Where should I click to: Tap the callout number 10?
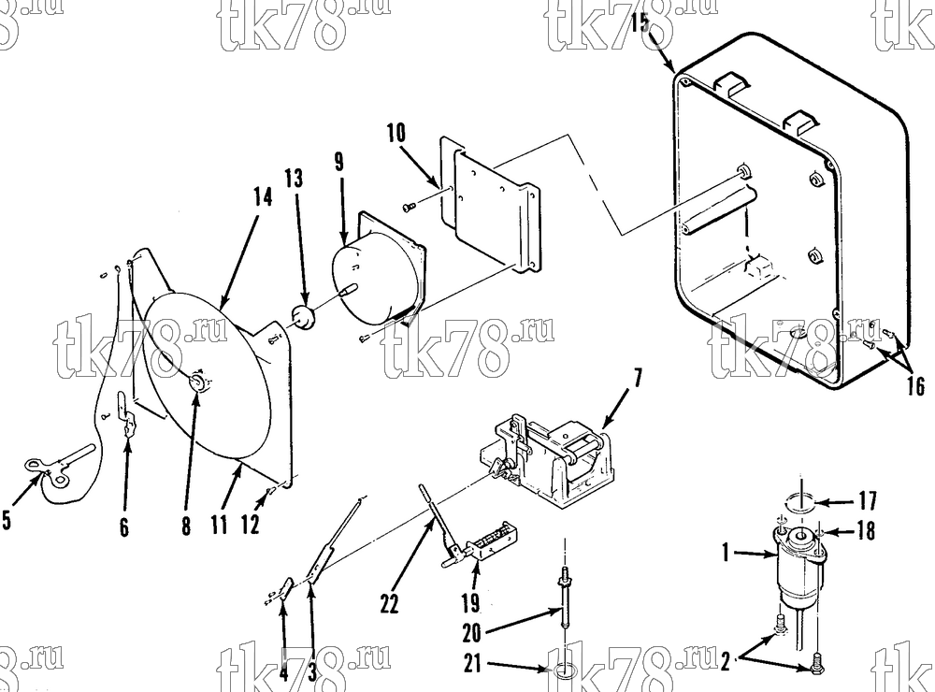(396, 133)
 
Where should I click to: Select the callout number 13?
(294, 178)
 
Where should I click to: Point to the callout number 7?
(638, 378)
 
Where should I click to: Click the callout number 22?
(389, 604)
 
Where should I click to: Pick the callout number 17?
(868, 500)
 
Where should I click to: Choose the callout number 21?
(472, 664)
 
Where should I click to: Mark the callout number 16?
(915, 386)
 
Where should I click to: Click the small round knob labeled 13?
(304, 317)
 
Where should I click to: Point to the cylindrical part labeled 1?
(798, 567)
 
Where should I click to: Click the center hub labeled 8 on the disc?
(197, 382)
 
